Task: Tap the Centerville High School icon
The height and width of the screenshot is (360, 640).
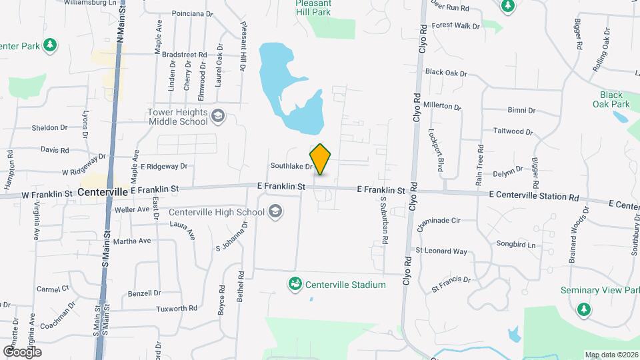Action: pos(275,213)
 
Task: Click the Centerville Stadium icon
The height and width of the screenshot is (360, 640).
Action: pos(295,285)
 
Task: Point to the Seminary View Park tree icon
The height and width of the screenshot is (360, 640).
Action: pos(584,309)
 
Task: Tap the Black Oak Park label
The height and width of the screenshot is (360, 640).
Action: pos(611,99)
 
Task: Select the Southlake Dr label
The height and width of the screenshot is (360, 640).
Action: pos(291,166)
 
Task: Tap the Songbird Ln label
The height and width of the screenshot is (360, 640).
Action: pos(516,245)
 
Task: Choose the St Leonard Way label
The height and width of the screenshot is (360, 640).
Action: pos(441,251)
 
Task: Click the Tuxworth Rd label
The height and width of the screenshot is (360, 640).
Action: pos(177,309)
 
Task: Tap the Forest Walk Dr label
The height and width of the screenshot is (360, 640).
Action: pos(456,26)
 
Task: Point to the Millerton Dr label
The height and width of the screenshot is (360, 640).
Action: pos(442,105)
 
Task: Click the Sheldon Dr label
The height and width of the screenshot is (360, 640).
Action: pos(50,127)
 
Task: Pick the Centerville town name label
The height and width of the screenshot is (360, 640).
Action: pos(102,191)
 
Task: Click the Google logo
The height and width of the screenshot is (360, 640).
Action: pos(22,351)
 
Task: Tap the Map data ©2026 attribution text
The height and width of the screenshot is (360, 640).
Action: pos(611,355)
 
